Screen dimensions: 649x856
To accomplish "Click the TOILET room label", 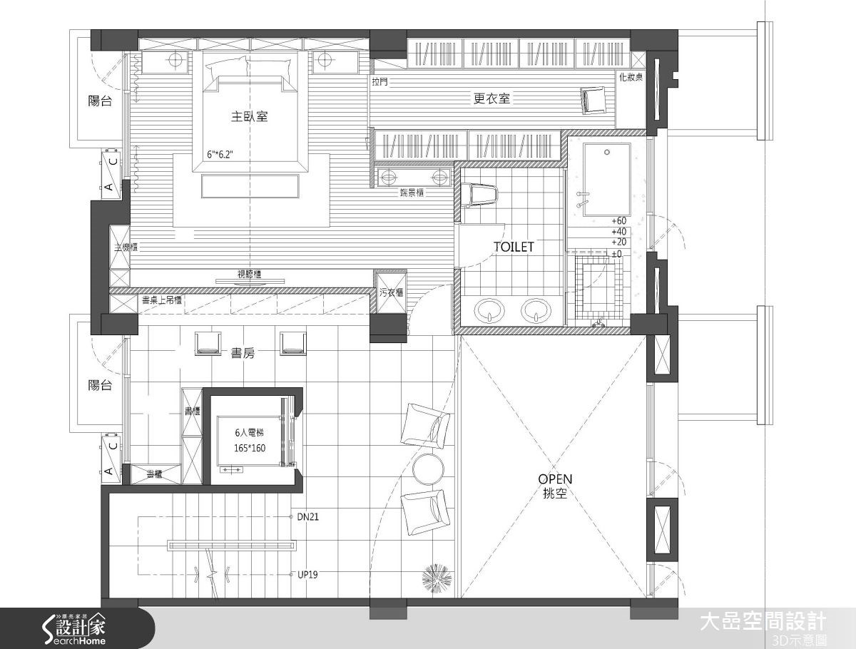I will [514, 247].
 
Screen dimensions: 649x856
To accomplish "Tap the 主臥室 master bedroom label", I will [250, 116].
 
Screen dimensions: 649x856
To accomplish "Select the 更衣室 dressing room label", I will [492, 99].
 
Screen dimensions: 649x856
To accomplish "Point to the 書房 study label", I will [243, 352].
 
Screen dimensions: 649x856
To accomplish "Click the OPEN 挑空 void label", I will [555, 486].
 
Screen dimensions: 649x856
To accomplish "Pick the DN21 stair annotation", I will [307, 517].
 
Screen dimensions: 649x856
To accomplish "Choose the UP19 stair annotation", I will [307, 574].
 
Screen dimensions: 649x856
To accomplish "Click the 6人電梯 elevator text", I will [250, 433].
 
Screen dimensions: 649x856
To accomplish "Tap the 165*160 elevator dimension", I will [250, 449].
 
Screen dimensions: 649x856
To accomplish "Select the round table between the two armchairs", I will [429, 467].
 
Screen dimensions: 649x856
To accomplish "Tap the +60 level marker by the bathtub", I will [618, 220].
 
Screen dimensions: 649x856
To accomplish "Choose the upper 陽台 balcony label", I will [100, 101].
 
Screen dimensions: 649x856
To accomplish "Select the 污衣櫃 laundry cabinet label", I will [391, 292].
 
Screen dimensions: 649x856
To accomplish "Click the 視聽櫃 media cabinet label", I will [249, 273].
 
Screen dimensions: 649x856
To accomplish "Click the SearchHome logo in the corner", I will [71, 628].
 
